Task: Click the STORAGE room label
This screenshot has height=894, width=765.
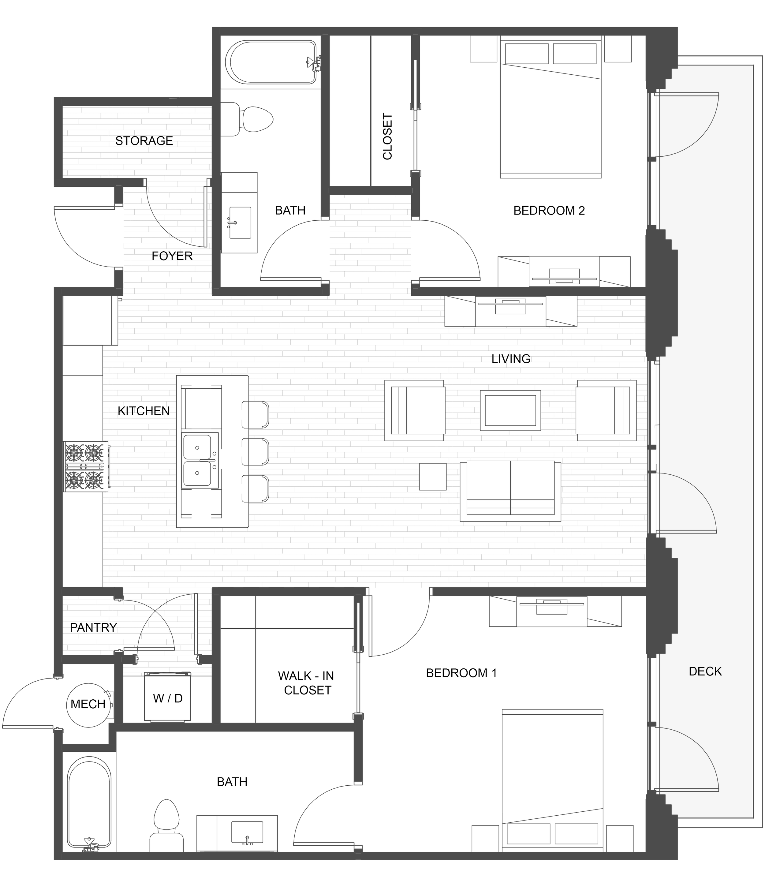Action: click(x=144, y=141)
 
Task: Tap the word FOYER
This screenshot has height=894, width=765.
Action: click(x=172, y=256)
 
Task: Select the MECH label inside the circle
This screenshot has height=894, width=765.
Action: click(x=88, y=704)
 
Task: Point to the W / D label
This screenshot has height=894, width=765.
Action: click(x=168, y=698)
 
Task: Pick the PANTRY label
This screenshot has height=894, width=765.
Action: click(x=93, y=627)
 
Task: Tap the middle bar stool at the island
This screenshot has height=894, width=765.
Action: click(x=255, y=452)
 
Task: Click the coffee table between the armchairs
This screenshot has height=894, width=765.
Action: click(x=510, y=410)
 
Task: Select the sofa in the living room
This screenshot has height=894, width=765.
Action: click(x=510, y=491)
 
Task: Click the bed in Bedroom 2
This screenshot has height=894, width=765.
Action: click(x=550, y=107)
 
